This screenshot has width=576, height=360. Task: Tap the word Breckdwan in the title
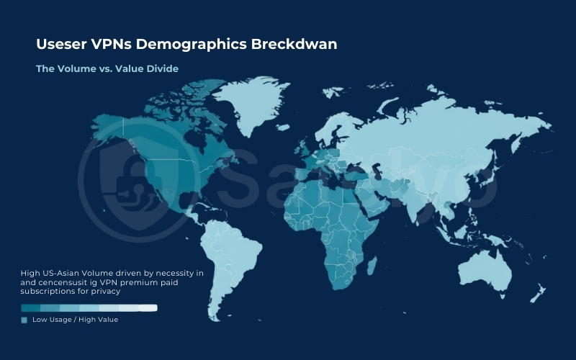point(294,45)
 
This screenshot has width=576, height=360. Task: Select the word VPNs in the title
point(114,45)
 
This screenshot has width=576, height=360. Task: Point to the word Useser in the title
point(62,45)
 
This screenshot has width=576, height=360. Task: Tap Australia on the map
point(484,270)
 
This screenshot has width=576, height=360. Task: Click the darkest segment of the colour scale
point(31,307)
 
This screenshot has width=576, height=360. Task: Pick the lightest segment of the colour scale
point(147,307)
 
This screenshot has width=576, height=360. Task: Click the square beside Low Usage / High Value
point(24,320)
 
